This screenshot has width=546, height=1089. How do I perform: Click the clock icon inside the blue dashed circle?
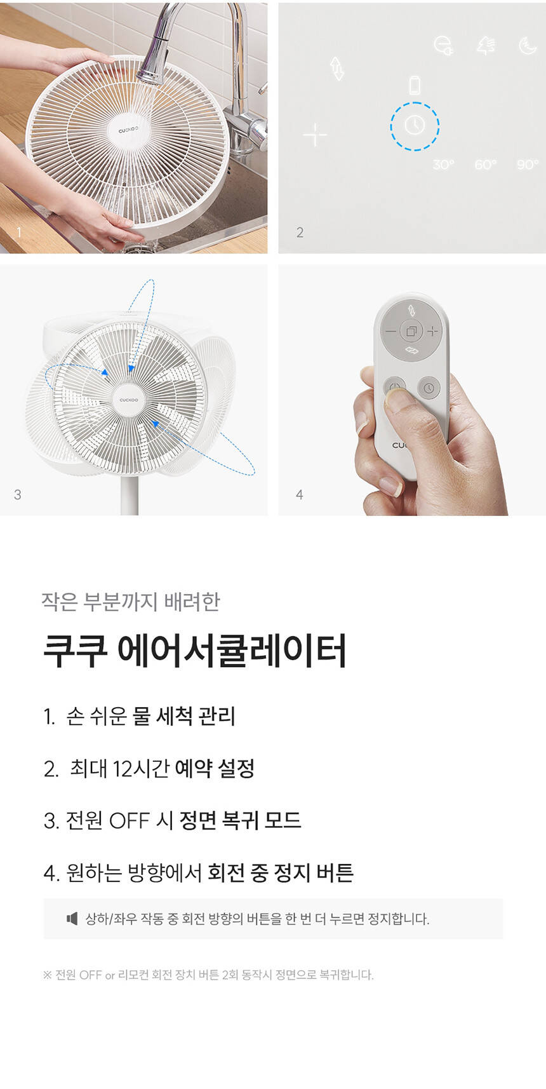[x=415, y=125]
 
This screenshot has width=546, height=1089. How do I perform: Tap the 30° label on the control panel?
[x=443, y=165]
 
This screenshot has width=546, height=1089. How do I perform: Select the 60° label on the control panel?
[x=485, y=165]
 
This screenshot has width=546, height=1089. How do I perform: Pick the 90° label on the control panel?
[x=528, y=165]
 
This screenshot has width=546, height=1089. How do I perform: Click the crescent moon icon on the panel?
[x=527, y=46]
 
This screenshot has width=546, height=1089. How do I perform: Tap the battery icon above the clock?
[x=415, y=85]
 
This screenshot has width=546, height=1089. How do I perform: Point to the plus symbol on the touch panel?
[x=315, y=135]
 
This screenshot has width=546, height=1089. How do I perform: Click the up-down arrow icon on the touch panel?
[x=337, y=68]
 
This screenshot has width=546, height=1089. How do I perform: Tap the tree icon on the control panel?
[x=485, y=46]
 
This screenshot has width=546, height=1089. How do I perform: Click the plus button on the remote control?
[x=432, y=331]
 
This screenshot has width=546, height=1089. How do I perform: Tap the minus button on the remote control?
[x=390, y=332]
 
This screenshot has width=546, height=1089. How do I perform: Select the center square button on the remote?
[x=411, y=332]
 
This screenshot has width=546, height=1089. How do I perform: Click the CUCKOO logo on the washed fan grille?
[x=128, y=130]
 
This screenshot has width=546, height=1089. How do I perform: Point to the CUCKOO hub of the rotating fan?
[x=129, y=400]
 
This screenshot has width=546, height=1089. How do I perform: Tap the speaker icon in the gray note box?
[x=72, y=918]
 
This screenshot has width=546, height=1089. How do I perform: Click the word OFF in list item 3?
[x=130, y=821]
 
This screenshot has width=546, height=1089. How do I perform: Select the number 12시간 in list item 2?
[x=141, y=768]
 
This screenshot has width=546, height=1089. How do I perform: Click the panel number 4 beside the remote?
[x=299, y=494]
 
